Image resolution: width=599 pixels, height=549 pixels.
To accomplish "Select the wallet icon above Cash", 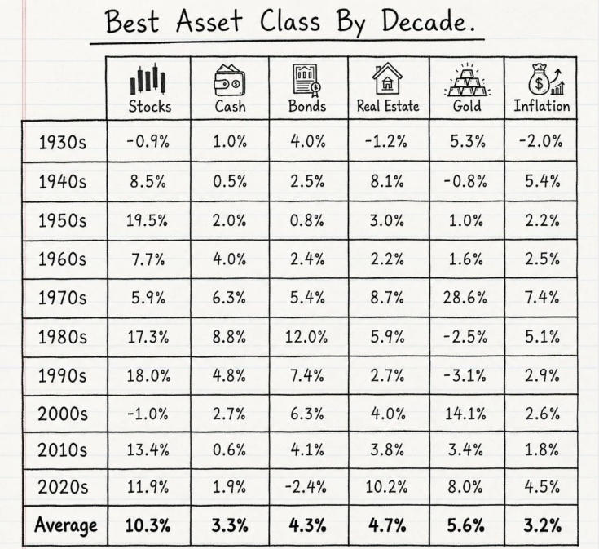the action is pos(230,79).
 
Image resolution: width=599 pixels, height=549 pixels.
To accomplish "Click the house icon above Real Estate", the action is pos(387,78).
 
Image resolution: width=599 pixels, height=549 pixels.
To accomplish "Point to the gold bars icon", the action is pos(467,80).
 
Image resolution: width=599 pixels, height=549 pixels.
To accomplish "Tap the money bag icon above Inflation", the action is pos(546,79).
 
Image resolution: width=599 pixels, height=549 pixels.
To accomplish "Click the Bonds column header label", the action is pos(307,106).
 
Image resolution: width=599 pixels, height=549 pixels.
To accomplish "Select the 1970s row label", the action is pos(62,298).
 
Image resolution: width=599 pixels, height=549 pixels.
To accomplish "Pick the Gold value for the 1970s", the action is pos(465,298).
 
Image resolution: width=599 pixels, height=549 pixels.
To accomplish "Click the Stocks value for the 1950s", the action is pos(147,220).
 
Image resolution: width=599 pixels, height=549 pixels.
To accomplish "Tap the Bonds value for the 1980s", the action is pos(306,337).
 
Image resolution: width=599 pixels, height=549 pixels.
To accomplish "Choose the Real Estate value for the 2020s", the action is pos(386,487).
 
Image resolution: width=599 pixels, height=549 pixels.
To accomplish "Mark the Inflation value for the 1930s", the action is pos(540,140).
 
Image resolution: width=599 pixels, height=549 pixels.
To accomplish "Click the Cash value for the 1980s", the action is pos(229,337).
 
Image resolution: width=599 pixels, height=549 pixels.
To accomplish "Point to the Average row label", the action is pos(66,525).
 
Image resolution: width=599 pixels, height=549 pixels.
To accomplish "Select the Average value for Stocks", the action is pos(148,525).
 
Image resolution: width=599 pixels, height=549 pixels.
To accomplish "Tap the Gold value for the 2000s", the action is pos(465,414).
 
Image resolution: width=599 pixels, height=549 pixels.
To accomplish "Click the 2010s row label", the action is pos(62,450).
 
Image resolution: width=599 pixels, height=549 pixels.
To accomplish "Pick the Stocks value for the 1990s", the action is pos(148,376).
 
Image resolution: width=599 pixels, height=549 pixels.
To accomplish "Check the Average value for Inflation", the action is pos(543,525).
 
